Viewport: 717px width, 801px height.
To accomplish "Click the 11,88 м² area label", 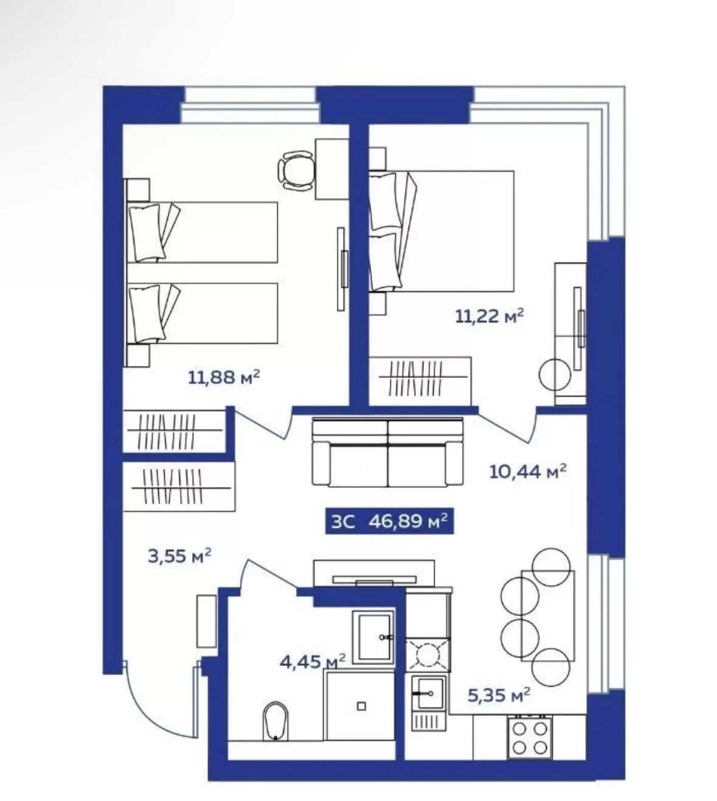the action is (x=224, y=377).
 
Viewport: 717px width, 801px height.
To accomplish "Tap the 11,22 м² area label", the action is (x=490, y=316).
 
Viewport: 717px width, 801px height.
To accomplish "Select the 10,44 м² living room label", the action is (x=528, y=471).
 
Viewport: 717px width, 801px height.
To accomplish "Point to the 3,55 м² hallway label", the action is (x=179, y=556).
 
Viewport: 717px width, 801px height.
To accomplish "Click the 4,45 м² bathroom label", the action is (x=313, y=661).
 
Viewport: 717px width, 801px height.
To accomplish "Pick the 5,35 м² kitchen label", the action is (x=499, y=695).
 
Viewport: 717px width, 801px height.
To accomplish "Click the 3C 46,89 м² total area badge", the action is (x=389, y=521).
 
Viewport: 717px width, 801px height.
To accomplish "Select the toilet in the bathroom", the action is (x=275, y=721).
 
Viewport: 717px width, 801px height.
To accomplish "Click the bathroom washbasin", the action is (x=373, y=637).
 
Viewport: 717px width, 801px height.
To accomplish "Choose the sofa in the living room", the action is (x=387, y=453).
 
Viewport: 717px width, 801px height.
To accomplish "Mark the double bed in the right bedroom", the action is (x=442, y=231).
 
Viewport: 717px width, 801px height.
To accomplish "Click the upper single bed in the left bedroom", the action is (x=202, y=232).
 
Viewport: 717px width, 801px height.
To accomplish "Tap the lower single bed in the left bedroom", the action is (x=202, y=313).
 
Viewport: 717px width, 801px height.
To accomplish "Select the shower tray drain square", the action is (x=361, y=706).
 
